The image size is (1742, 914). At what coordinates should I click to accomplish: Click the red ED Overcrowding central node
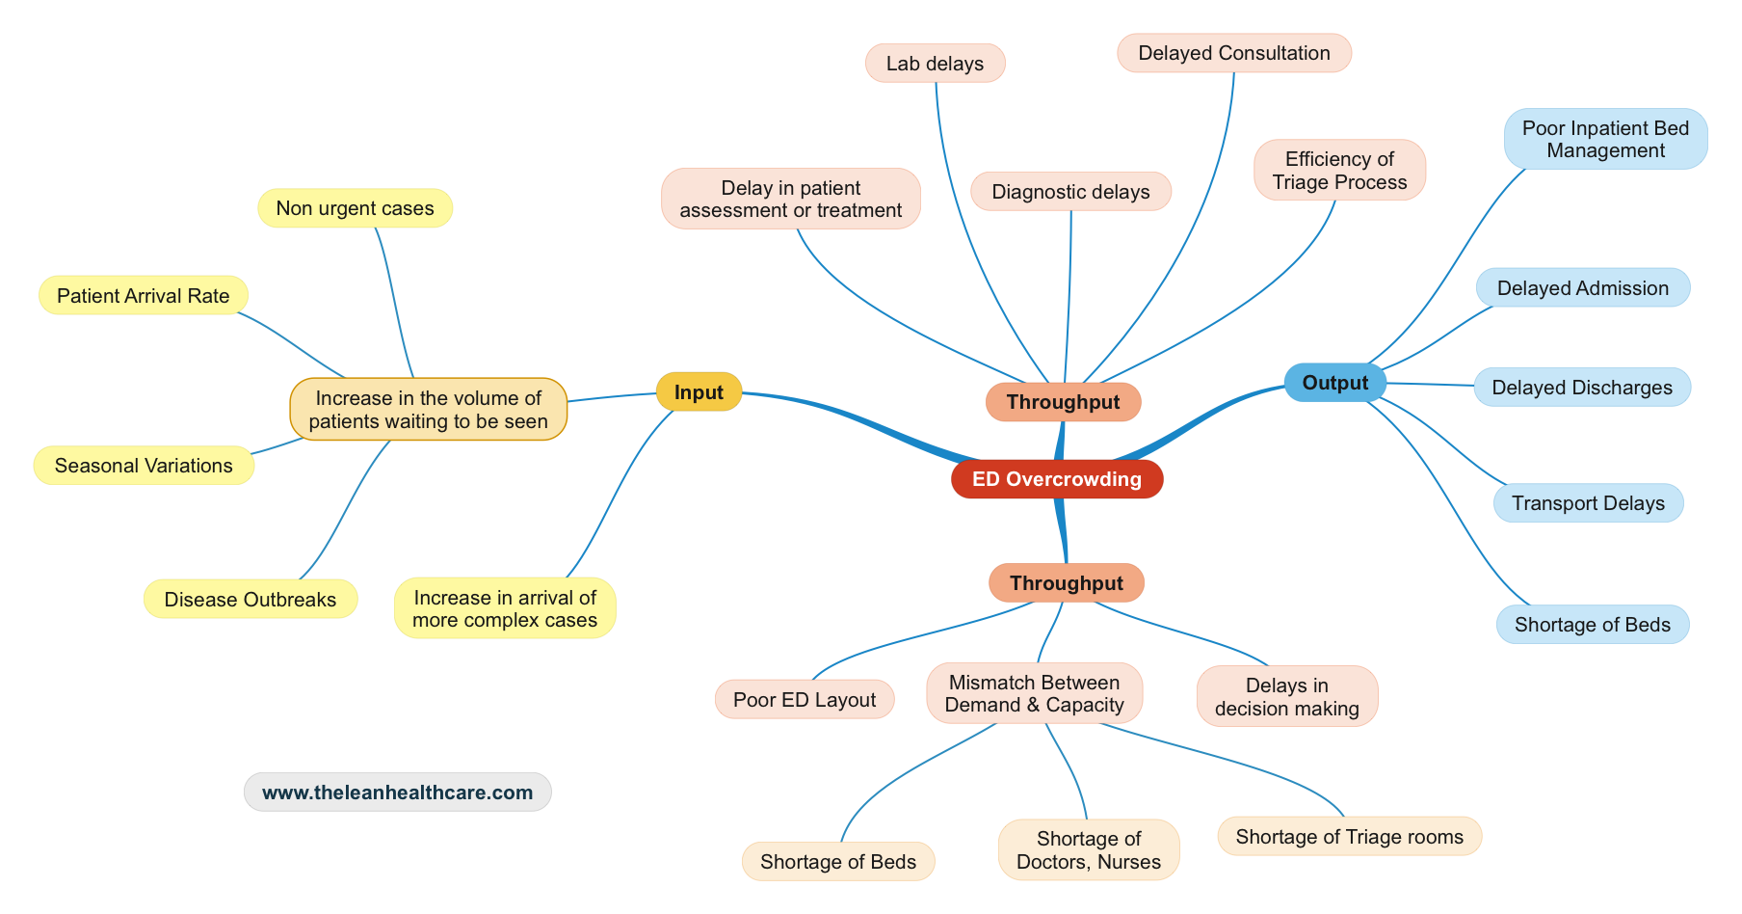tap(1057, 479)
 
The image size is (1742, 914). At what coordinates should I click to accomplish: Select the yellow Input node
tap(699, 392)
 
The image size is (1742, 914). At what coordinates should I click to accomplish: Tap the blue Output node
tap(1334, 383)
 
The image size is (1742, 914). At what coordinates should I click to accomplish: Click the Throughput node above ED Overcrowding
tap(1063, 402)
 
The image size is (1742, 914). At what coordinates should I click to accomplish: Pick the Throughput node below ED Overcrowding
tap(1066, 583)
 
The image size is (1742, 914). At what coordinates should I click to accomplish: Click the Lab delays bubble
tap(935, 64)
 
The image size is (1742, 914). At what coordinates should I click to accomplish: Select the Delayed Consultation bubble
tap(1233, 53)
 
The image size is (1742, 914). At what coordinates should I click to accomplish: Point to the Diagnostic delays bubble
tap(1070, 192)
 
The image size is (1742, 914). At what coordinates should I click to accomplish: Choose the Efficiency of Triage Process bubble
tap(1339, 171)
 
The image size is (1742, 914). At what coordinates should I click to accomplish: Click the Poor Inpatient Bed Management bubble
tap(1605, 139)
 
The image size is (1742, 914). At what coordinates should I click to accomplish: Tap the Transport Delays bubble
tap(1588, 503)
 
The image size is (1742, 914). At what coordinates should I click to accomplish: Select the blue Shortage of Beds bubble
tap(1592, 625)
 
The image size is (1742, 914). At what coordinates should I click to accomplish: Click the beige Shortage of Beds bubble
tap(837, 862)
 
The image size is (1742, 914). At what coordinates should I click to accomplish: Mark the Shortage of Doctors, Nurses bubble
tap(1089, 850)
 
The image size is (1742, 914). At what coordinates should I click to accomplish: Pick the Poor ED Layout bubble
tap(804, 700)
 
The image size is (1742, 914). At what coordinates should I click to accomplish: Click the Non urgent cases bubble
tap(355, 208)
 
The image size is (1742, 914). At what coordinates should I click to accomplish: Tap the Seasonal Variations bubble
tap(144, 466)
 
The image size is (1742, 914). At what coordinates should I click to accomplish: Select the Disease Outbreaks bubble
tap(250, 600)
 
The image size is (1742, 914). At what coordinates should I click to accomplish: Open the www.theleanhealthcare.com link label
tap(397, 793)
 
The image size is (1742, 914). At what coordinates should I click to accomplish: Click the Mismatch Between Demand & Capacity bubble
tap(1034, 693)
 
